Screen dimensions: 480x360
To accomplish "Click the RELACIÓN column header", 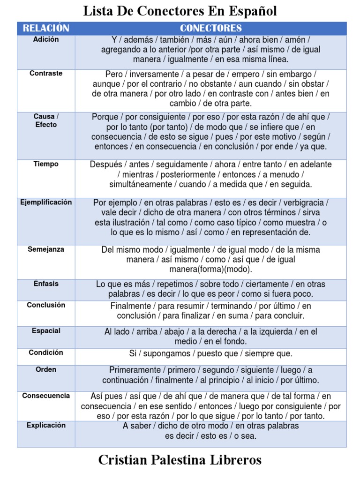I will point(46,28).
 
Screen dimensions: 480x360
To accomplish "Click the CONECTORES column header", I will point(211,28).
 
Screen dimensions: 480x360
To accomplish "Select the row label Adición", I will point(46,39).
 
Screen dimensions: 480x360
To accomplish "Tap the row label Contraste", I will point(46,73).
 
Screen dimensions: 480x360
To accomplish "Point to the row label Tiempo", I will point(46,164).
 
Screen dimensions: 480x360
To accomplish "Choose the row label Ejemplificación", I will point(46,202).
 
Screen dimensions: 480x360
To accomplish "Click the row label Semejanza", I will point(46,249).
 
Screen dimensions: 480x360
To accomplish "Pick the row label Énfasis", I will point(46,283).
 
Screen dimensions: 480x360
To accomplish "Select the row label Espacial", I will point(46,330).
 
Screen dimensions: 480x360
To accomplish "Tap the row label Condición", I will point(46,352).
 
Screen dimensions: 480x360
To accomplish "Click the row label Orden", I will point(46,369).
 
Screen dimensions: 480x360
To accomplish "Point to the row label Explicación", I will point(46,425).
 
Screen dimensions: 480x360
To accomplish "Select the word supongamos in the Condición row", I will point(165,353).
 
